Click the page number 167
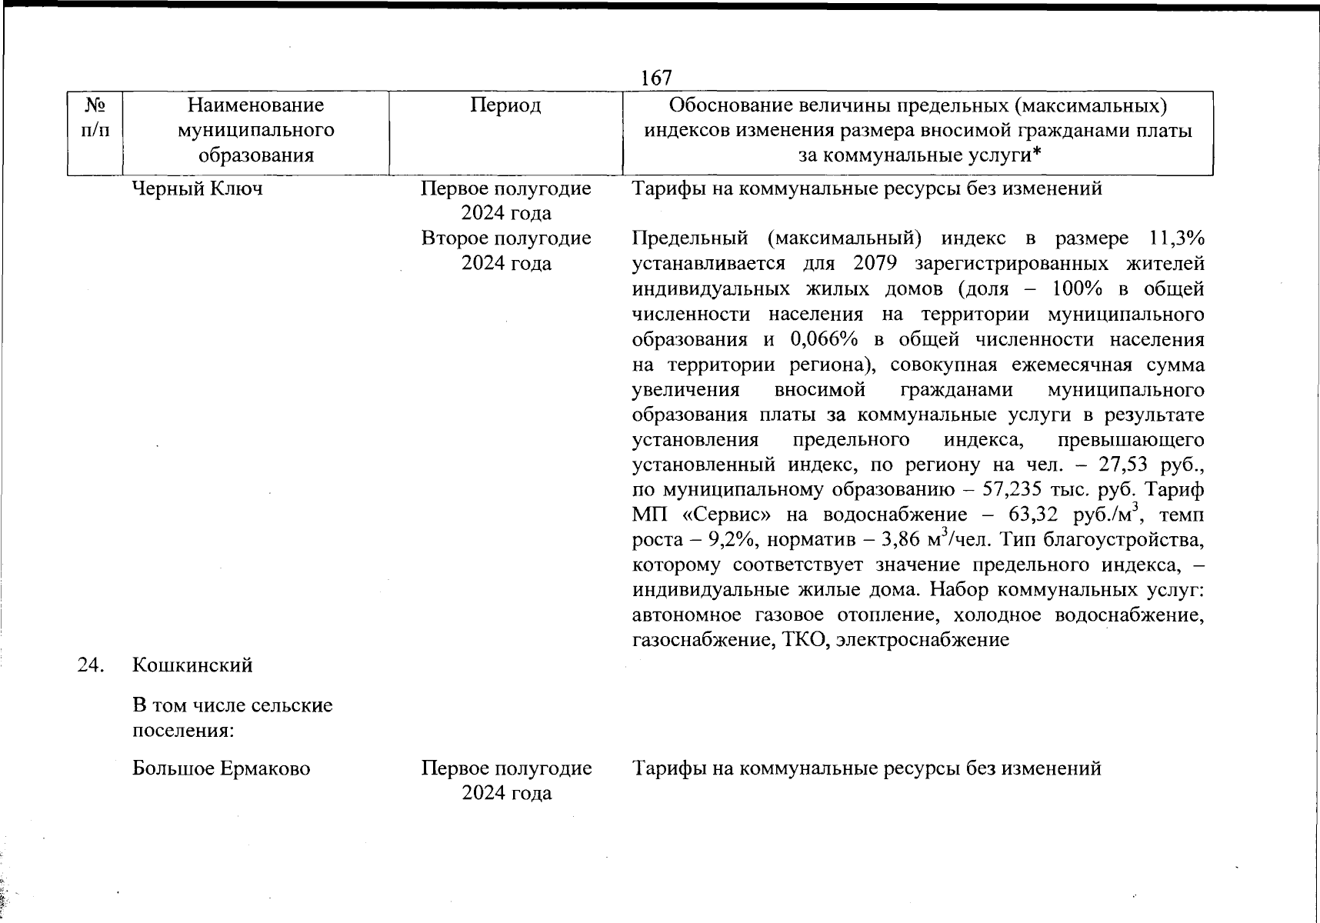point(655,78)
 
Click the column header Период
point(505,105)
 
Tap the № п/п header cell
point(95,118)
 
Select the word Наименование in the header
point(255,105)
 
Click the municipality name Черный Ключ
point(197,188)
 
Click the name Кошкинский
point(192,665)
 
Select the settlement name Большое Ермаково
point(221,768)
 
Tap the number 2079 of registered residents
point(875,264)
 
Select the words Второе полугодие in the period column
point(505,238)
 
